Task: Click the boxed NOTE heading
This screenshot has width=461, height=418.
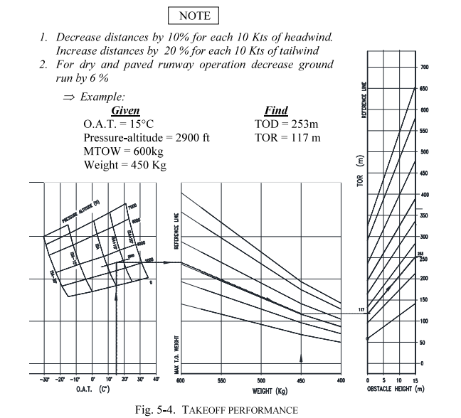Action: tap(195, 15)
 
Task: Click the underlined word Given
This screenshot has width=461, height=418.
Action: tap(125, 110)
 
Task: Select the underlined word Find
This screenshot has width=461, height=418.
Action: tap(275, 110)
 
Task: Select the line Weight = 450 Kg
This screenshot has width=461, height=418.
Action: tap(124, 165)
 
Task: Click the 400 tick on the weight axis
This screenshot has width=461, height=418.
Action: tap(340, 380)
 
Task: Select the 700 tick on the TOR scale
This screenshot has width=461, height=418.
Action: tap(425, 68)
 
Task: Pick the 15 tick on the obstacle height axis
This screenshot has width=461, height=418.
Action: tap(414, 380)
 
